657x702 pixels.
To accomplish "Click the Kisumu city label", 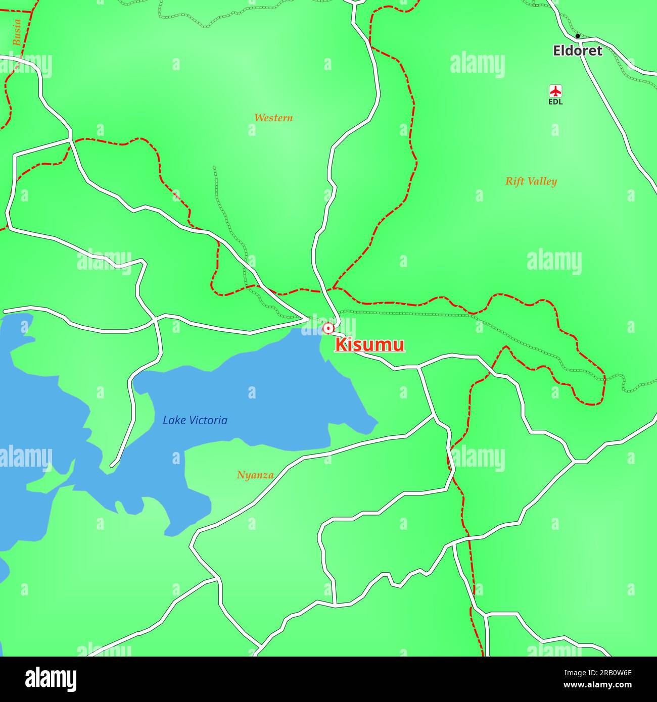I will [x=369, y=345].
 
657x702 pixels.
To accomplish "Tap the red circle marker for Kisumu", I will [x=329, y=328].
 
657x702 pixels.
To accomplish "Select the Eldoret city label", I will [x=577, y=51].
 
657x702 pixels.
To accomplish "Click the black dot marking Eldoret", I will [x=578, y=36].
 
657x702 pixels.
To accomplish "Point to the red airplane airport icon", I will [x=555, y=91].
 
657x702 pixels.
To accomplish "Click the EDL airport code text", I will [x=555, y=102].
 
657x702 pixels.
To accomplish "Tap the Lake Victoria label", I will [x=195, y=420].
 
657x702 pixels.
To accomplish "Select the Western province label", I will [x=273, y=118].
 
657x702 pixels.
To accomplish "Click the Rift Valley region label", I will [x=531, y=181].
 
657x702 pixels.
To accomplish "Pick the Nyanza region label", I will [x=255, y=475].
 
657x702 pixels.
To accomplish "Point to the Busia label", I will [x=17, y=33].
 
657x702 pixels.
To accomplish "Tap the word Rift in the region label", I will [x=514, y=181].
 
